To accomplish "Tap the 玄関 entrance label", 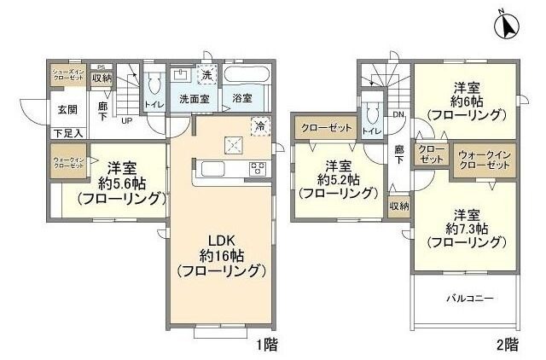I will pyautogui.click(x=68, y=109).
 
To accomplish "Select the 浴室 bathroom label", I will pyautogui.click(x=242, y=98).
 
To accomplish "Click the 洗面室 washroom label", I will pyautogui.click(x=194, y=98).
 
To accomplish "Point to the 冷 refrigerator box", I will pyautogui.click(x=258, y=126).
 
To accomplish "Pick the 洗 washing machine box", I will pyautogui.click(x=206, y=75).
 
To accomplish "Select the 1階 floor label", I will pyautogui.click(x=266, y=345).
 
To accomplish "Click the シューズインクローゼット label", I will pyautogui.click(x=67, y=74).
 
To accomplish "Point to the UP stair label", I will pyautogui.click(x=125, y=121).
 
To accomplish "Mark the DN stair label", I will pyautogui.click(x=398, y=115).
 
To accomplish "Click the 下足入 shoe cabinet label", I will pyautogui.click(x=67, y=133).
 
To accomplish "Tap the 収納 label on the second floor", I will pyautogui.click(x=399, y=206).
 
